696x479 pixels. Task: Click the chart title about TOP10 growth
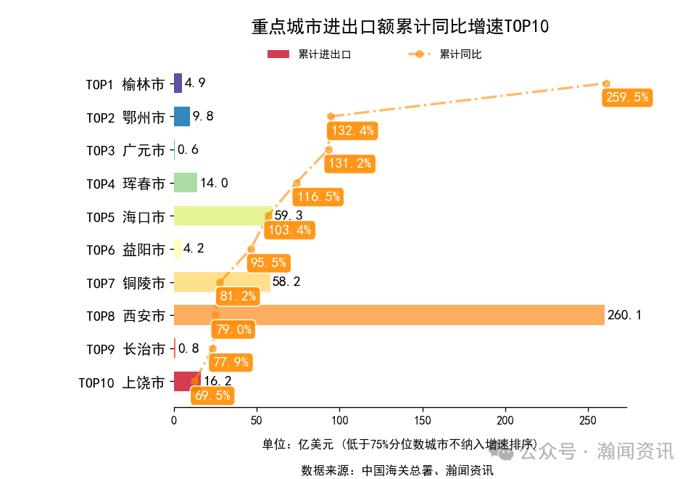(400, 27)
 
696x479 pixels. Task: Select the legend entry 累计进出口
(310, 54)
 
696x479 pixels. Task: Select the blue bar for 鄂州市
(182, 116)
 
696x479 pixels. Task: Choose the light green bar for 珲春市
(186, 183)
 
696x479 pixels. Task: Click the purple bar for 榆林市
(178, 83)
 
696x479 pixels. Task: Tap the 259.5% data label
(627, 97)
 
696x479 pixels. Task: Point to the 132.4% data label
(352, 131)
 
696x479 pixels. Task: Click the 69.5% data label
(212, 396)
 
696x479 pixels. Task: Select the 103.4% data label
(289, 230)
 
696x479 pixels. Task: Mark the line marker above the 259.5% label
(606, 83)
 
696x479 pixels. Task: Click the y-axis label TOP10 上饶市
(122, 382)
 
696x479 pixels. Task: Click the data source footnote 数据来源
(397, 470)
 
